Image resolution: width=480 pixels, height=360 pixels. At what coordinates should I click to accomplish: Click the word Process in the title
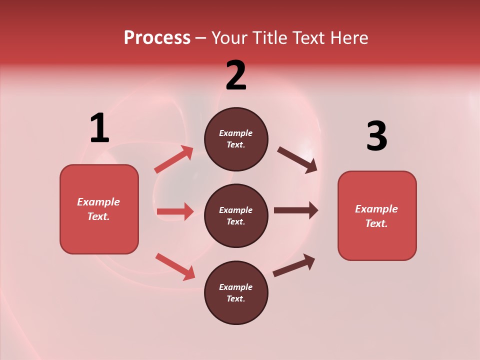157,38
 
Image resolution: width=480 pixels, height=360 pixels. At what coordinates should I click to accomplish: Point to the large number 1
99,128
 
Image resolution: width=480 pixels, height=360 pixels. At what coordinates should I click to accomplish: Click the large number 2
236,75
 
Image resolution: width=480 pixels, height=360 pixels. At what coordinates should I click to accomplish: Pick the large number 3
376,136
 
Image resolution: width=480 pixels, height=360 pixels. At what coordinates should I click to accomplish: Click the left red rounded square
99,209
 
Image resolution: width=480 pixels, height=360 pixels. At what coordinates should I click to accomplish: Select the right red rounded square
377,216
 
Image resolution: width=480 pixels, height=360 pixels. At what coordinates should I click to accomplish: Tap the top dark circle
236,139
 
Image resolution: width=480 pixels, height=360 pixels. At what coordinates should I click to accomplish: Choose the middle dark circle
236,215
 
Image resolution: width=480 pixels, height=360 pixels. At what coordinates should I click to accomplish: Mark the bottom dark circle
236,292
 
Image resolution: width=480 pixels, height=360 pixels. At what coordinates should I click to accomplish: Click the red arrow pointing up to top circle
174,159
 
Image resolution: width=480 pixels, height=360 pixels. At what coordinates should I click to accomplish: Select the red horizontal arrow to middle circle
175,211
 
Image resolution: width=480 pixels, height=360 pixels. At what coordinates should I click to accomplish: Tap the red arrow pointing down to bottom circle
175,266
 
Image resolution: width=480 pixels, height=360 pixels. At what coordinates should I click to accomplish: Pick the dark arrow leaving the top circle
297,160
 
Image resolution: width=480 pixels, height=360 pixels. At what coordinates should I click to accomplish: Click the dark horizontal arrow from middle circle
296,210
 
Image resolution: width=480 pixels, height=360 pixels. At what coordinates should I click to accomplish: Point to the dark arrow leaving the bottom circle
294,265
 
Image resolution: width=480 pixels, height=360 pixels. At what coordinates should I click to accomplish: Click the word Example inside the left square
98,202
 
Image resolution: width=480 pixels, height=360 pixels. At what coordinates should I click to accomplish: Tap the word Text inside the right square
376,223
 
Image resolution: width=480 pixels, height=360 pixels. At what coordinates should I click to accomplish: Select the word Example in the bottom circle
236,287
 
